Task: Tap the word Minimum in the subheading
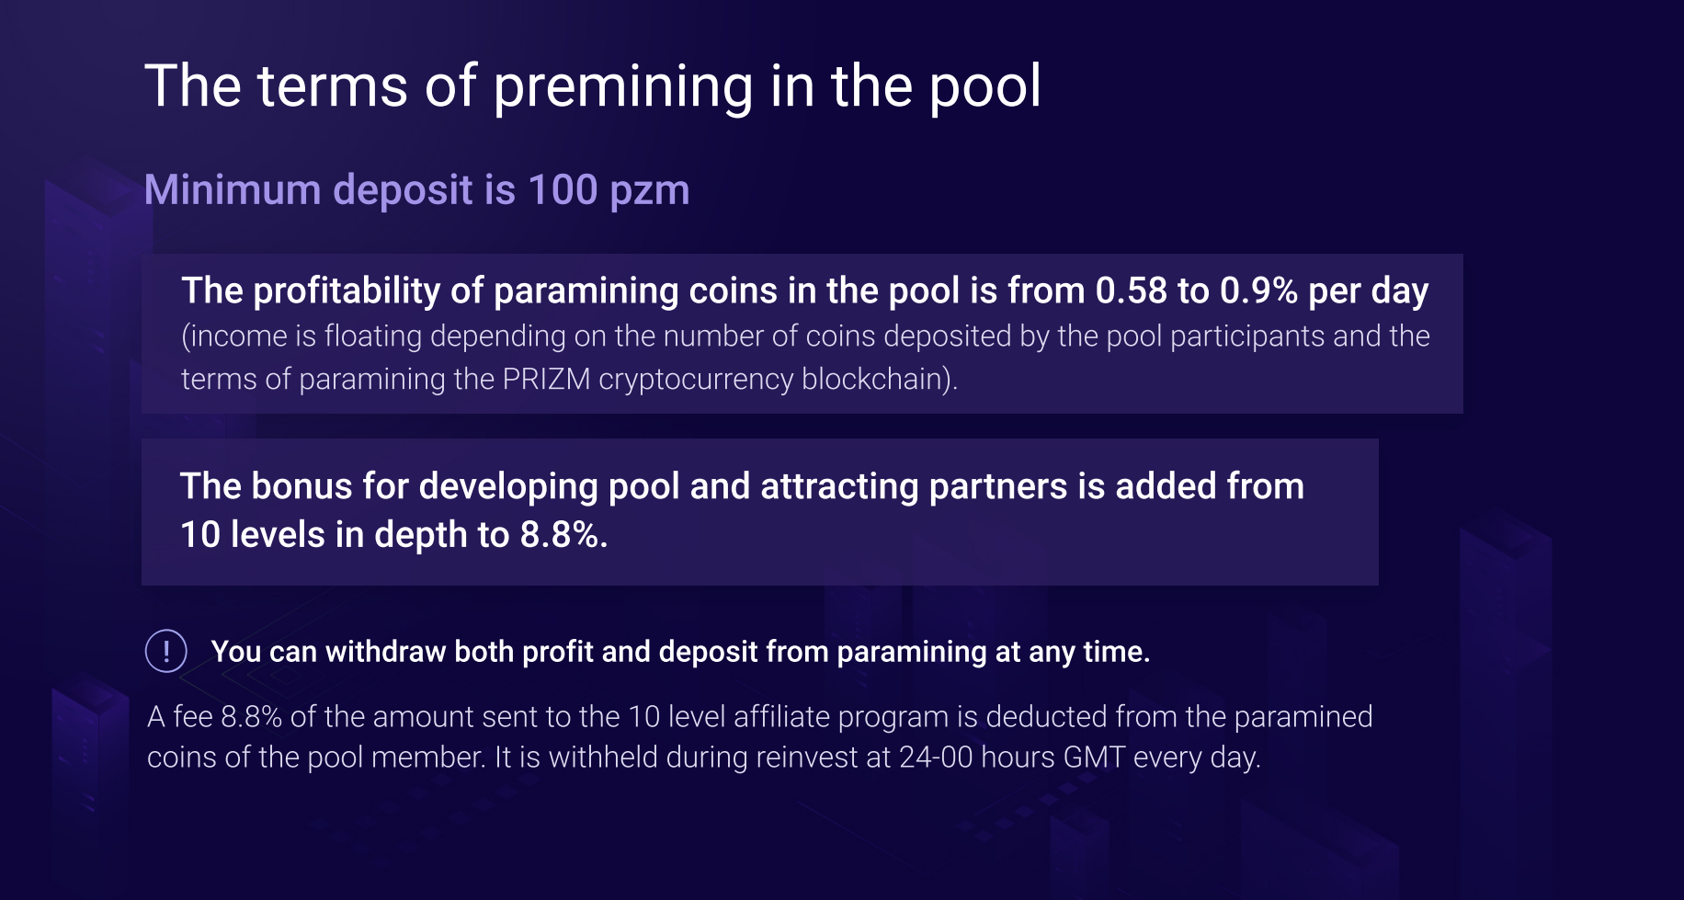point(233,189)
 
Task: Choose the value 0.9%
point(1258,291)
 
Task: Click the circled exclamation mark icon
point(166,651)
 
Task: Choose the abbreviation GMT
point(1094,757)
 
